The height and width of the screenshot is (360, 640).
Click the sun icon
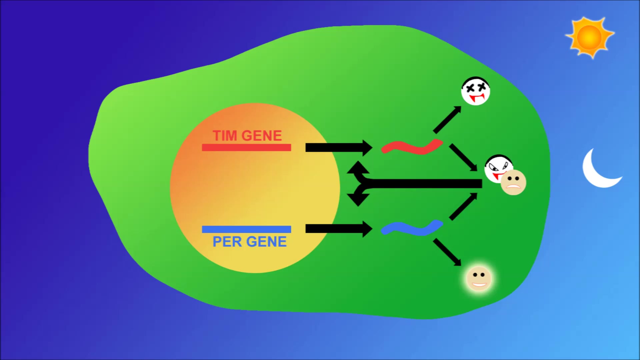coord(589,37)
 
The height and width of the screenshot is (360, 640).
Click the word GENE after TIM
coord(262,136)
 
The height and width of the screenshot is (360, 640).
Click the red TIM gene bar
coord(246,147)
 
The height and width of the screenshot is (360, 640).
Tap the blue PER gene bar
coord(246,229)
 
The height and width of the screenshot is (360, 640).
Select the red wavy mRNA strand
coord(412,147)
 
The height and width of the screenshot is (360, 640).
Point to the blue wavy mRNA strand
coord(412,228)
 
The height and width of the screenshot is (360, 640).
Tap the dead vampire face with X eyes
coord(475,91)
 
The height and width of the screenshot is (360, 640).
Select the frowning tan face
coord(514,182)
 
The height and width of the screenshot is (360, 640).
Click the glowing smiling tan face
coord(479,278)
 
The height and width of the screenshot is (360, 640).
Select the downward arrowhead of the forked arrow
coord(358,199)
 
